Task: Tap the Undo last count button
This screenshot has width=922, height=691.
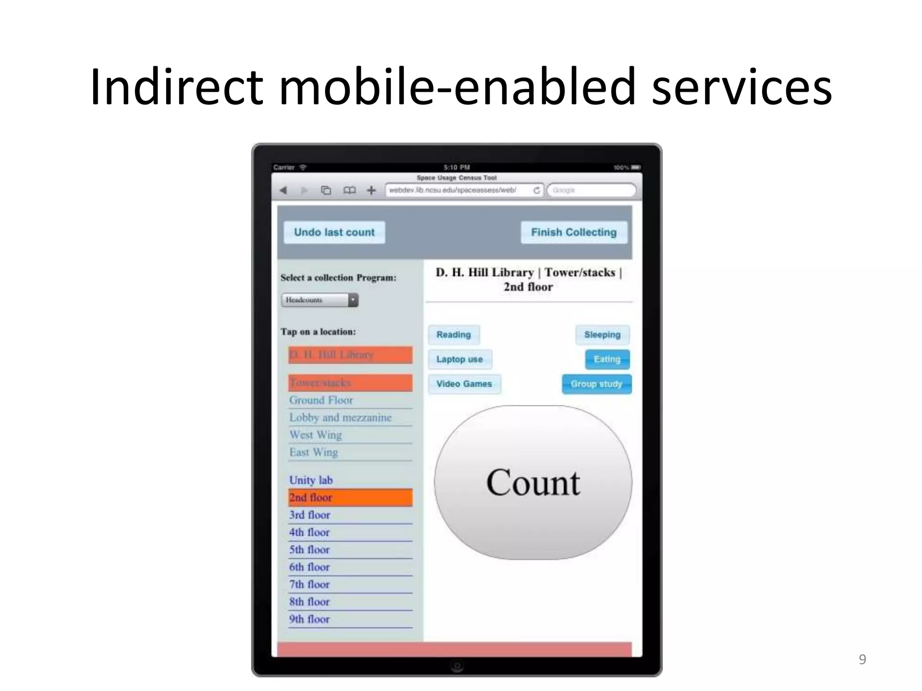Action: click(x=334, y=232)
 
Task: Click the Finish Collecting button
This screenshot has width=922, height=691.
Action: click(x=574, y=232)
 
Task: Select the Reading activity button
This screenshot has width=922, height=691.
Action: click(x=453, y=335)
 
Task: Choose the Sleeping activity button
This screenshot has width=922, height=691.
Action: click(x=602, y=335)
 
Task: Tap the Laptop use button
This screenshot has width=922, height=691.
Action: click(x=459, y=359)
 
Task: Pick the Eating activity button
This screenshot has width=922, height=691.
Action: click(x=607, y=359)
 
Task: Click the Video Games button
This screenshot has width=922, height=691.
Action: click(x=464, y=384)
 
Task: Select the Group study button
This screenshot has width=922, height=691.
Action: click(x=596, y=384)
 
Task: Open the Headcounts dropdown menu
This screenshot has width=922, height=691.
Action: click(x=320, y=300)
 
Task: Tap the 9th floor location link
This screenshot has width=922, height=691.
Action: click(x=310, y=619)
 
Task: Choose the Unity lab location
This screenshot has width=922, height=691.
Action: click(x=311, y=480)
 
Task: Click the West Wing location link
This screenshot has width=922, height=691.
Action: click(x=316, y=435)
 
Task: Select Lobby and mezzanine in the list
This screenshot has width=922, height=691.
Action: click(x=340, y=417)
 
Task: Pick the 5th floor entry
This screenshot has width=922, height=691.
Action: click(x=310, y=550)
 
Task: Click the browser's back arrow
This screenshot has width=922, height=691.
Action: click(x=283, y=190)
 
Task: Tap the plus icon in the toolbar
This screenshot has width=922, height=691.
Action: click(x=371, y=190)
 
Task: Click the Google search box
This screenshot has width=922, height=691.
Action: click(x=591, y=190)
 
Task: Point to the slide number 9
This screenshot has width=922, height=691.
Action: click(x=862, y=659)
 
